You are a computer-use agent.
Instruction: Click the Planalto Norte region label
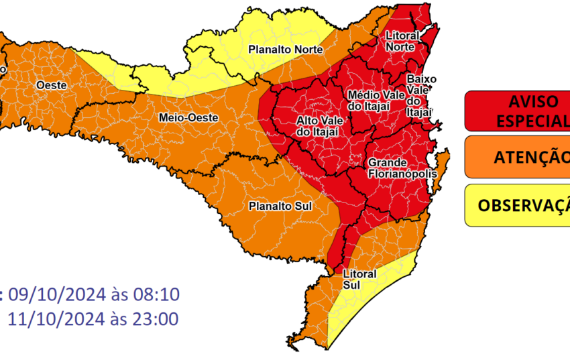(286, 50)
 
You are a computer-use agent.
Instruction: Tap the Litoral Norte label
(403, 40)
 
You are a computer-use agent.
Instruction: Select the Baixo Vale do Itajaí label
(421, 95)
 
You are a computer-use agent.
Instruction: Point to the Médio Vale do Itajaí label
(376, 100)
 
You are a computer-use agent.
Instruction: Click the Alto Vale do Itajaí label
(317, 126)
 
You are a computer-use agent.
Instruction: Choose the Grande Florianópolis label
(402, 168)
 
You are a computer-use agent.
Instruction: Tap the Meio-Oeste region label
(188, 117)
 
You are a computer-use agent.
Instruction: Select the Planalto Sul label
(280, 205)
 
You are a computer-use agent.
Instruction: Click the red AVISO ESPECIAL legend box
(517, 111)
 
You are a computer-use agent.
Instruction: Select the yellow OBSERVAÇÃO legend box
(517, 204)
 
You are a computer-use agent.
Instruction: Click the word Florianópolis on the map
(402, 174)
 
